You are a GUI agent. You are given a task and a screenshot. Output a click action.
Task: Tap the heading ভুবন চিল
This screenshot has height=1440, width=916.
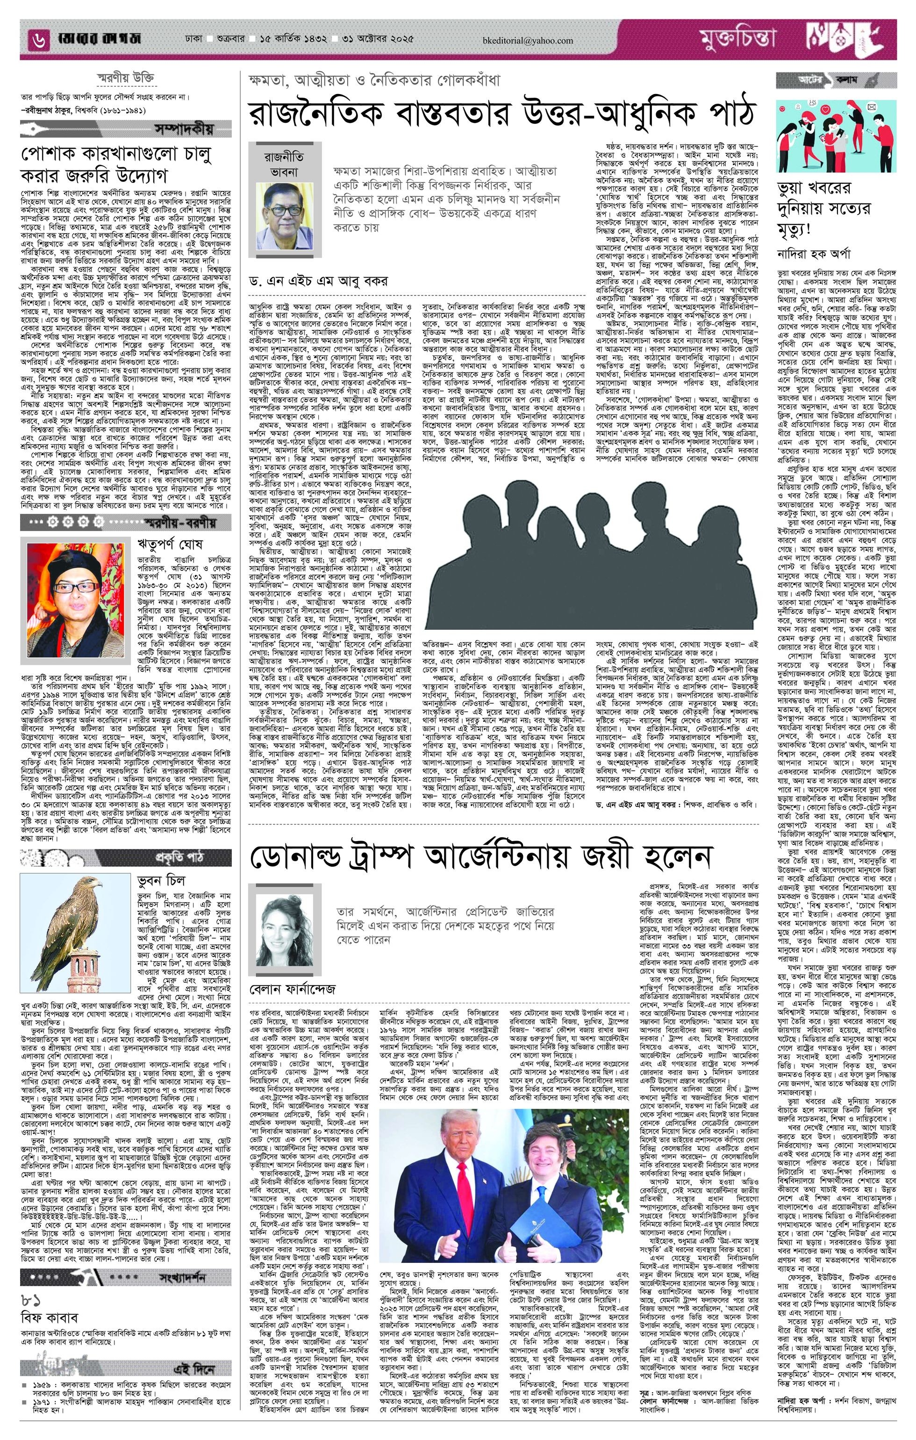161,880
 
